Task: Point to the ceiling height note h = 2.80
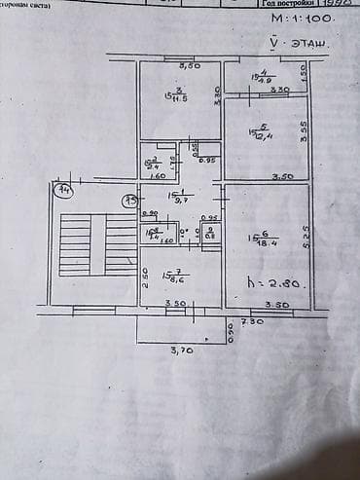pyautogui.click(x=279, y=285)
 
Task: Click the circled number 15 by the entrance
pyautogui.click(x=127, y=201)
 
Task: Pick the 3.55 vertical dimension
pyautogui.click(x=305, y=130)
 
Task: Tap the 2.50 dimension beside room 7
pyautogui.click(x=145, y=281)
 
